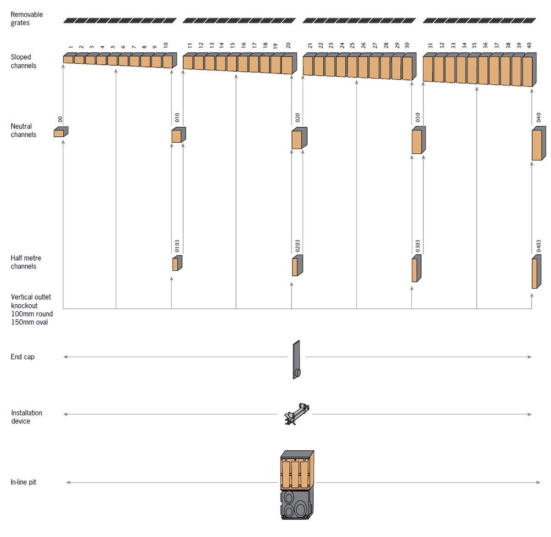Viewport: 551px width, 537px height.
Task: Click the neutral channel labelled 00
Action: pyautogui.click(x=60, y=132)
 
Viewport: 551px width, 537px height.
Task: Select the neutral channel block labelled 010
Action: pyautogui.click(x=178, y=135)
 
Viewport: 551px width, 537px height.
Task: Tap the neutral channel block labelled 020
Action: pyautogui.click(x=298, y=139)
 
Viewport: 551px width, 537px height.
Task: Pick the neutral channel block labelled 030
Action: pyautogui.click(x=418, y=140)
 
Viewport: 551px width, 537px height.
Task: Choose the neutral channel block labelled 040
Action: pyautogui.click(x=538, y=144)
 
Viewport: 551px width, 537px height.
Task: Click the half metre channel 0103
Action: pyautogui.click(x=177, y=263)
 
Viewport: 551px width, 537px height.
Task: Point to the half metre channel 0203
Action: pyautogui.click(x=297, y=266)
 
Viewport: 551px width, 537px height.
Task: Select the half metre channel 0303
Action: pyautogui.click(x=416, y=269)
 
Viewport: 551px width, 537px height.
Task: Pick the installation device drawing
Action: pyautogui.click(x=296, y=414)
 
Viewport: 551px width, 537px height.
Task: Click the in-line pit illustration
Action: pyautogui.click(x=297, y=485)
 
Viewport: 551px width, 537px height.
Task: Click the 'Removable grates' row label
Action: pyautogui.click(x=27, y=19)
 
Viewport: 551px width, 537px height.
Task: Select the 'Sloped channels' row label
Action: pyautogui.click(x=23, y=62)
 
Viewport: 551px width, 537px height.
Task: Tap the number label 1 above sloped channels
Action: pyautogui.click(x=71, y=47)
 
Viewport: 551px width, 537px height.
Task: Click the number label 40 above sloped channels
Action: pyautogui.click(x=529, y=45)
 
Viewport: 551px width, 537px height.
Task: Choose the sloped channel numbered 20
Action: pyautogui.click(x=287, y=64)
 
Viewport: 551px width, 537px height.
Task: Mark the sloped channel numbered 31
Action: pyautogui.click(x=428, y=69)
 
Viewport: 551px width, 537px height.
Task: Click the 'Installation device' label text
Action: pyautogui.click(x=26, y=417)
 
